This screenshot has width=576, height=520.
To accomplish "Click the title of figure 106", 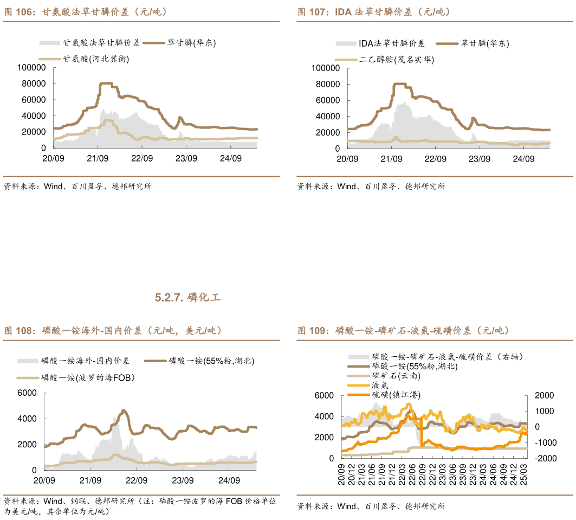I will click(x=85, y=11).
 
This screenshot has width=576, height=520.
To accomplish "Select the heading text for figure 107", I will click(x=374, y=11).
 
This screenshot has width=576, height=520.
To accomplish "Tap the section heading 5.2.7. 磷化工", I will click(x=187, y=297).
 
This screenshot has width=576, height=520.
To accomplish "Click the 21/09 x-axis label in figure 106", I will click(x=98, y=158).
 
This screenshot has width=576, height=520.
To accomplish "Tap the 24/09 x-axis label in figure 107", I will click(x=523, y=159).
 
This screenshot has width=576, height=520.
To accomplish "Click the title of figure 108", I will click(x=113, y=330).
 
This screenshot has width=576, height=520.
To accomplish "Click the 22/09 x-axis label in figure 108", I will click(x=137, y=480).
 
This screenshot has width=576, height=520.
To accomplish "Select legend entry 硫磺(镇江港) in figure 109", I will click(x=396, y=394).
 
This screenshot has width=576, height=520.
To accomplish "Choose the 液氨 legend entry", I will click(x=380, y=384).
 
